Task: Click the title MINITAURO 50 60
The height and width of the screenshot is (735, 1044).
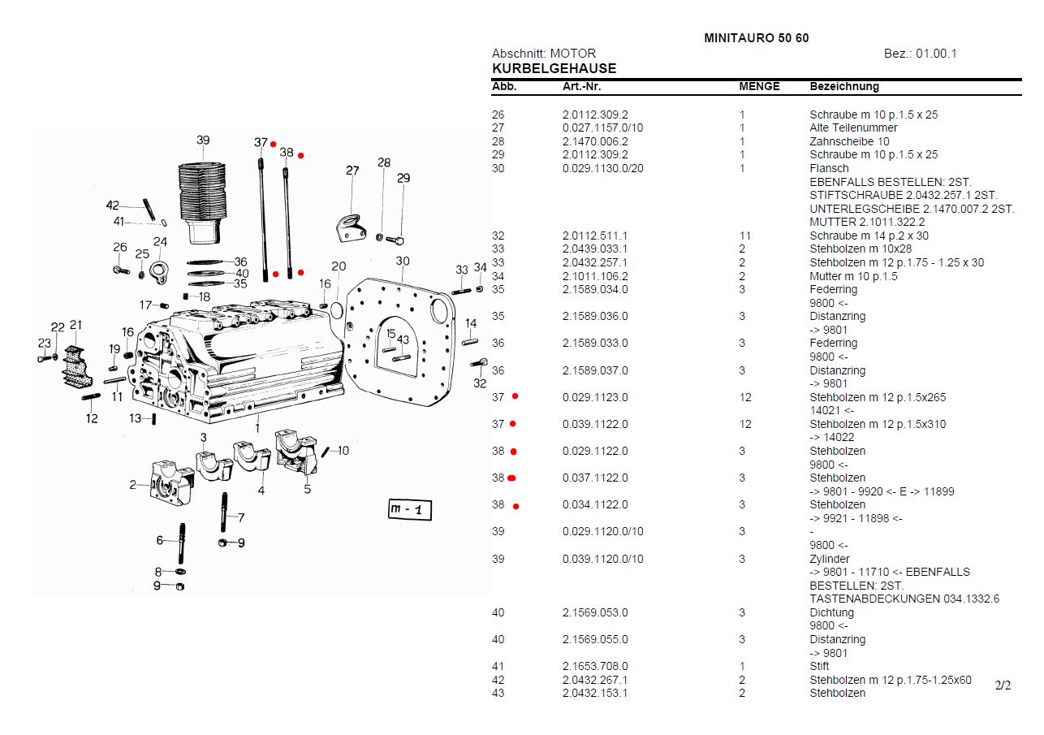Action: (x=756, y=38)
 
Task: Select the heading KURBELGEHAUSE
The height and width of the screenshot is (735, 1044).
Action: (x=554, y=69)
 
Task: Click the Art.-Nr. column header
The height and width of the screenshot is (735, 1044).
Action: (x=581, y=87)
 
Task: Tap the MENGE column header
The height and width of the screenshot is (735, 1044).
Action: (x=759, y=87)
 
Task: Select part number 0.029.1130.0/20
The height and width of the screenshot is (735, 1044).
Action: (x=603, y=168)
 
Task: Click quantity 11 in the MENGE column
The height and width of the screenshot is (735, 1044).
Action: (x=744, y=236)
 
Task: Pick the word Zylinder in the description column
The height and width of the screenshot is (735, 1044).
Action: (x=830, y=559)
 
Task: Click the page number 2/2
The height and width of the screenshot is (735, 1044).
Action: (x=1003, y=685)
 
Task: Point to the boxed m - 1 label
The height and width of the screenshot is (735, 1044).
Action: (x=410, y=509)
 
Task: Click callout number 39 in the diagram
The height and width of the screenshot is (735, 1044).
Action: (x=203, y=140)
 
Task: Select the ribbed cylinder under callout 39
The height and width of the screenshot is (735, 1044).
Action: (x=201, y=195)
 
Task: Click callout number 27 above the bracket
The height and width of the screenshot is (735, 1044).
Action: (x=352, y=171)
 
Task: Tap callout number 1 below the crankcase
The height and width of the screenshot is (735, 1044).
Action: (x=257, y=427)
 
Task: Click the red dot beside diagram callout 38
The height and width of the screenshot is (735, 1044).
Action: (x=300, y=155)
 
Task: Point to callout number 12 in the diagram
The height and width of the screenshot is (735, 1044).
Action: (x=92, y=418)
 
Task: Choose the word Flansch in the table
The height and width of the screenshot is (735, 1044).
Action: (x=829, y=168)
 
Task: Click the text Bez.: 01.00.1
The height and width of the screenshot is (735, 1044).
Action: (x=920, y=54)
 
